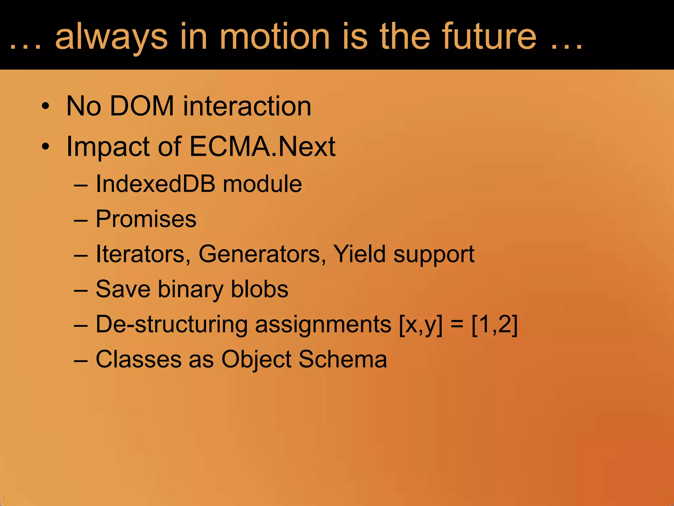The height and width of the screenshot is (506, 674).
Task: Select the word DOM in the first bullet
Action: (142, 106)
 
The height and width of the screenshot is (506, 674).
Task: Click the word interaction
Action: (247, 106)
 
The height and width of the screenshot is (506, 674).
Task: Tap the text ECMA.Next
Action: (262, 146)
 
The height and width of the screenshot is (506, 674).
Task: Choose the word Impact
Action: (108, 147)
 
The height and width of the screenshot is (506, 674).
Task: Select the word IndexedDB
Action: (155, 183)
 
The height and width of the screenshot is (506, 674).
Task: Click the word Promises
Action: (146, 219)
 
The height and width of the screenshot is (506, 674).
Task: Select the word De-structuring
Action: (171, 324)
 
